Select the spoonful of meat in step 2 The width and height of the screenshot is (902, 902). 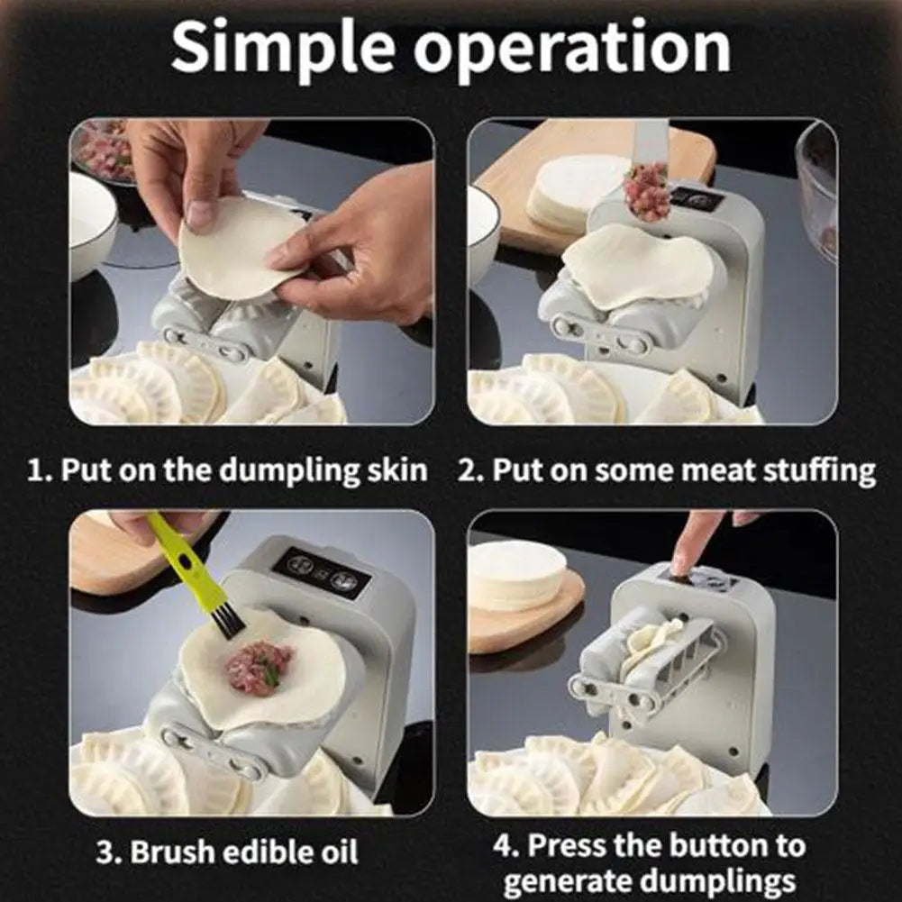(x=647, y=192)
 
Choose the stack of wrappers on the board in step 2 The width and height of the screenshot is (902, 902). (x=575, y=193)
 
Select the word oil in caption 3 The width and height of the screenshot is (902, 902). (x=337, y=852)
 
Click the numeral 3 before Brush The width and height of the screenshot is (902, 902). (x=105, y=852)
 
